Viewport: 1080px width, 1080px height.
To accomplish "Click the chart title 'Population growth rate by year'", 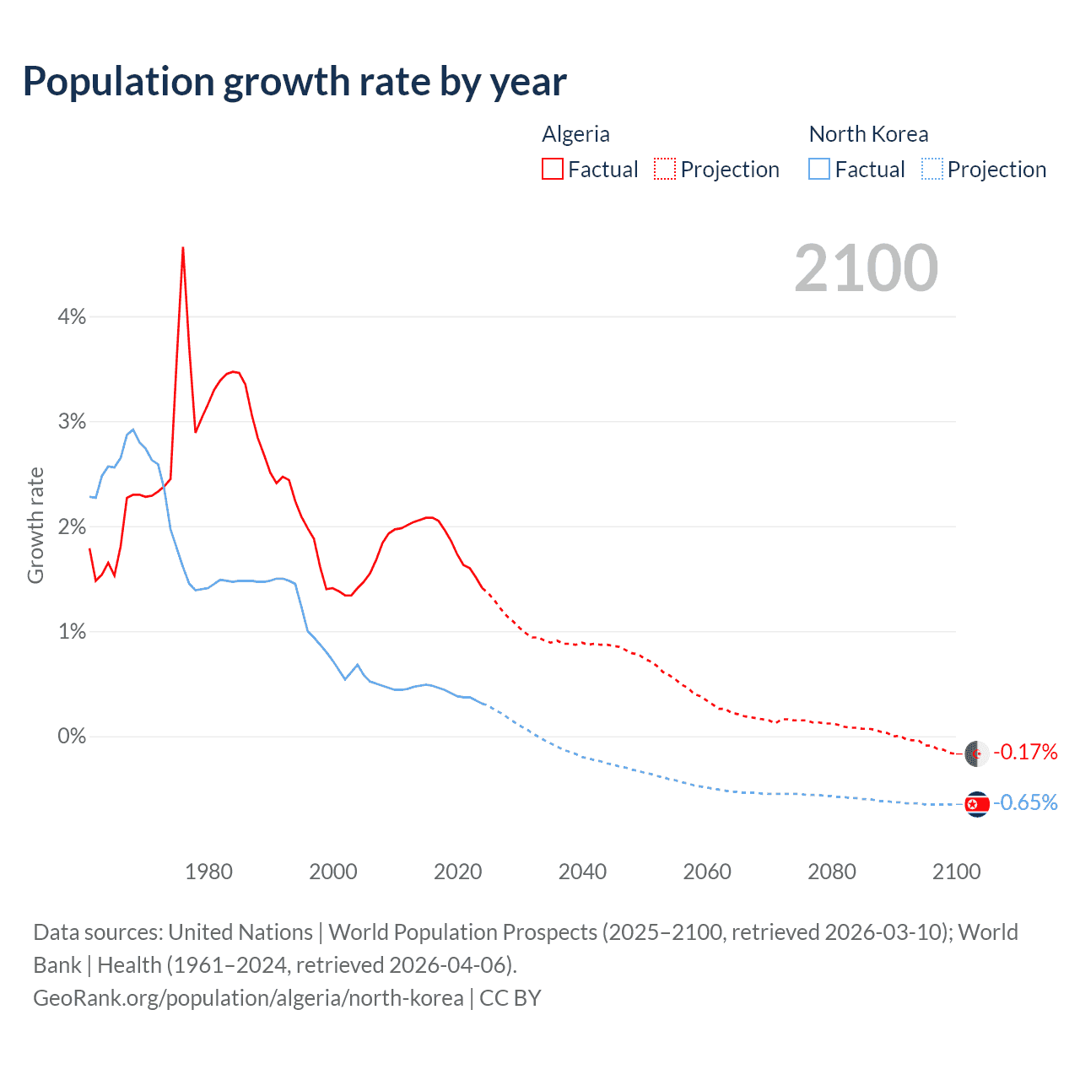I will pos(294,82).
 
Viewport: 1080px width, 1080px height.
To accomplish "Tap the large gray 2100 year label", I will pos(866,268).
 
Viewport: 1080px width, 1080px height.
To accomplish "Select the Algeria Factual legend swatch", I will pos(553,169).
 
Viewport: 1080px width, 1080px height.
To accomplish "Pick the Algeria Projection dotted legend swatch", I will pos(665,169).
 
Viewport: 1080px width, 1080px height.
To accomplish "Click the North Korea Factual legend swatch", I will pos(819,169).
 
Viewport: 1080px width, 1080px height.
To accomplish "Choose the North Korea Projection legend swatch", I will pos(931,169).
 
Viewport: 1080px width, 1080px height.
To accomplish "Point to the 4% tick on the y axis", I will pos(72,316).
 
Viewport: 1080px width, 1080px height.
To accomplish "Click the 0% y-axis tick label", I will pos(72,737).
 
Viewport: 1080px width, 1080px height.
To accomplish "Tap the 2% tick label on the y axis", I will pos(72,526).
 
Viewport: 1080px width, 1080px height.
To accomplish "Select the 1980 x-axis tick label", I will pos(208,872).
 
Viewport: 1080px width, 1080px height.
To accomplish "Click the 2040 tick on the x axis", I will pos(582,872).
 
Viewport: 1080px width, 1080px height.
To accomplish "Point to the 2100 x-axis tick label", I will pos(956,872).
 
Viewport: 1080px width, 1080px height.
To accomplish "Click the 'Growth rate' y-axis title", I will pos(35,525).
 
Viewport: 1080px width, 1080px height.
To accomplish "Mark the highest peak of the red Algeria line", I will pos(183,248).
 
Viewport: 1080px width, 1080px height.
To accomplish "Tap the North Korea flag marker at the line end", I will pos(977,804).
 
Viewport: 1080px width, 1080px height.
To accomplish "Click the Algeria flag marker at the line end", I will pos(977,753).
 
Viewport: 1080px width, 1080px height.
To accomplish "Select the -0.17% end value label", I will pos(1025,752).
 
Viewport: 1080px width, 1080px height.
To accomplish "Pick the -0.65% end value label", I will pos(1025,802).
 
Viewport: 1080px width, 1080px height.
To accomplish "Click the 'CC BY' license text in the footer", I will pos(510,998).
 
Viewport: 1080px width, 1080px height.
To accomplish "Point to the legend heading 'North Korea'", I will pos(868,134).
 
